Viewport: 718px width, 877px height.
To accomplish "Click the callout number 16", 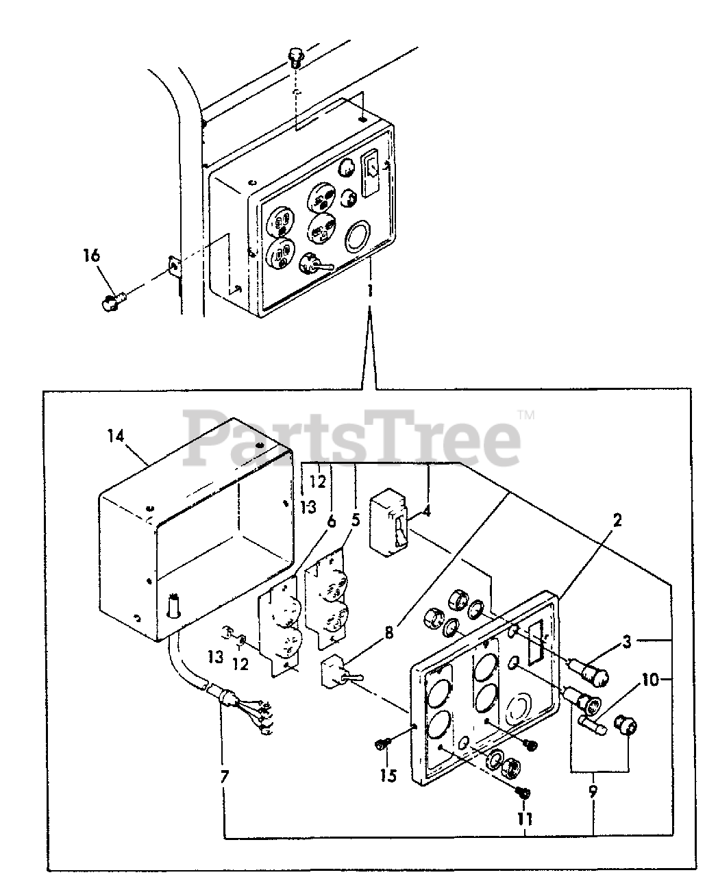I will [91, 256].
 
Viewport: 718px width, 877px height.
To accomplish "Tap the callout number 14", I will [117, 436].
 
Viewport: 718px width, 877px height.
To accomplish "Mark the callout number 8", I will [389, 633].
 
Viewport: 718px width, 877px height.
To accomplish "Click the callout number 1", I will [369, 291].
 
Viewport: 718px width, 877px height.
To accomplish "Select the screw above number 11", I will [523, 792].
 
